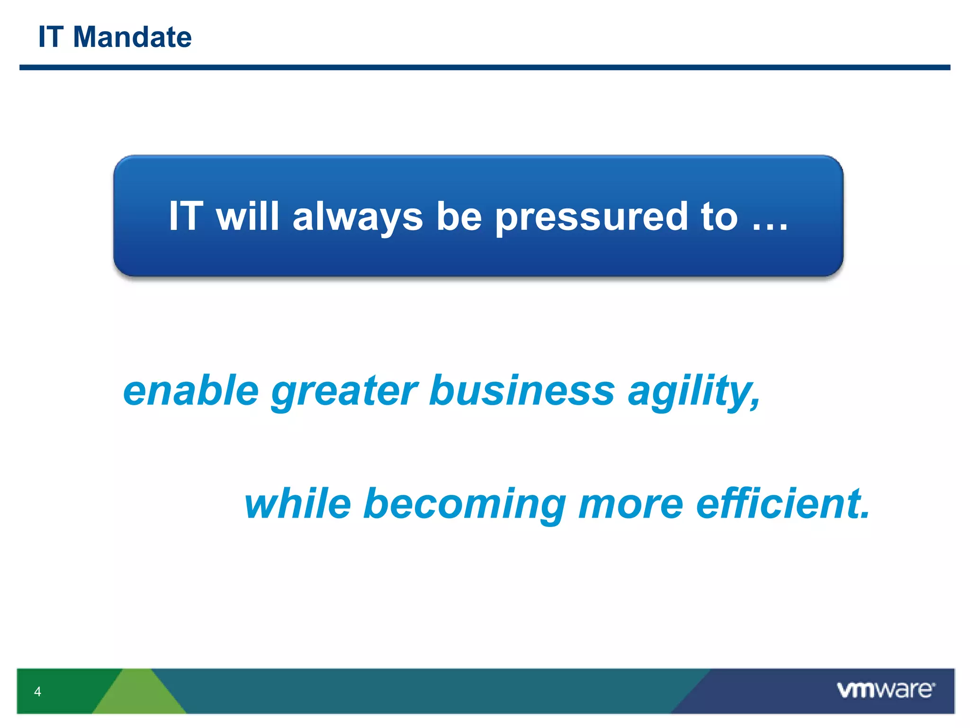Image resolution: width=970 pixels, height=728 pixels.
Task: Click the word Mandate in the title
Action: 132,37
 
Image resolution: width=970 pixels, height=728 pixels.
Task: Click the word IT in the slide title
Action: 51,37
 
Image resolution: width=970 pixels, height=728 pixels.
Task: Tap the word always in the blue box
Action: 358,217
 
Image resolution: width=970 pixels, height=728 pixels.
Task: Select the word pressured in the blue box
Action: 591,217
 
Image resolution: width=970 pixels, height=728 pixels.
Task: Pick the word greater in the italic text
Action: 344,391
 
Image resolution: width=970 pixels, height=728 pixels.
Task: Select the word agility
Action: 694,391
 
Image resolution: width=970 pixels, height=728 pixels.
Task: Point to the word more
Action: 630,504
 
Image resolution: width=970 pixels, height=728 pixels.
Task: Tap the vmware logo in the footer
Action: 885,690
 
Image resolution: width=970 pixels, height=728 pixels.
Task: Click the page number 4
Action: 37,692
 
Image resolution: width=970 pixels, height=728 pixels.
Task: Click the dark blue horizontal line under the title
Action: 485,68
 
